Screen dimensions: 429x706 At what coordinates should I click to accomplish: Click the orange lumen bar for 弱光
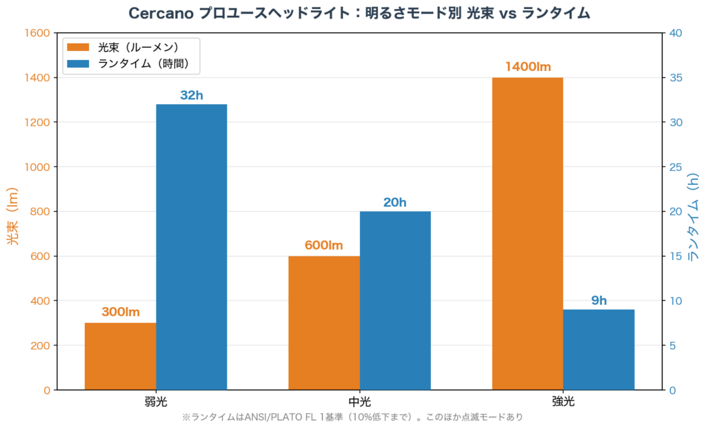pos(120,356)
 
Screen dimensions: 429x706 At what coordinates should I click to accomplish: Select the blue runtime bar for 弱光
pos(191,247)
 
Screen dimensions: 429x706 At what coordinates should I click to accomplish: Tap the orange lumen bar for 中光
pos(324,323)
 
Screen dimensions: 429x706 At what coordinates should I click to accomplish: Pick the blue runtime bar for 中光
pos(395,300)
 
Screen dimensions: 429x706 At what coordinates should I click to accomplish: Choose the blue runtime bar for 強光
pos(598,349)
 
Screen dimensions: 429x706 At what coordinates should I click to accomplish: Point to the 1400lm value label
pos(527,67)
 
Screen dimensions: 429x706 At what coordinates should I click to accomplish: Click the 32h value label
pos(192,95)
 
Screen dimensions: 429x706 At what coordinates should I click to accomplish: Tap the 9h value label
pos(598,300)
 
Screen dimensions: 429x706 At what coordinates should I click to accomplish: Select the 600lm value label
pos(324,246)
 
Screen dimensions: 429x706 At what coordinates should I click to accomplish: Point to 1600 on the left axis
pos(37,33)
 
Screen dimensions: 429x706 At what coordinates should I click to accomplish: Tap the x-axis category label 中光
pos(359,401)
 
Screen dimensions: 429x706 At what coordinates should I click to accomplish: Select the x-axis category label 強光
pos(563,401)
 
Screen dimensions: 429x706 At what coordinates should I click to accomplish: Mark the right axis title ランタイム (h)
pos(694,215)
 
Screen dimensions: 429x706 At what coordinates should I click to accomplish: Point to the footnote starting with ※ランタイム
pos(352,417)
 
